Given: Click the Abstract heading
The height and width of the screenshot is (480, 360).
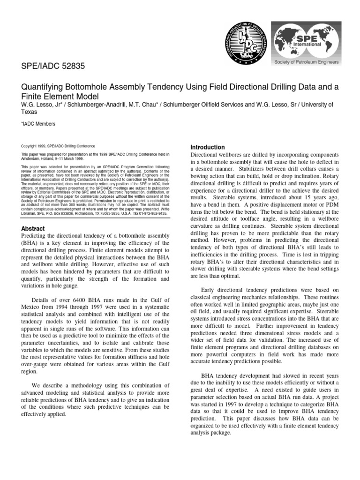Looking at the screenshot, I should tap(33, 228).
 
